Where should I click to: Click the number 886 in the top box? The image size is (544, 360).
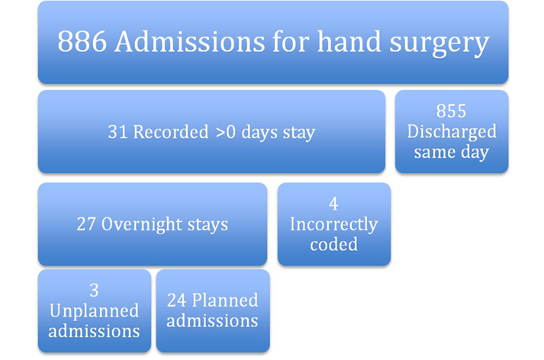82,42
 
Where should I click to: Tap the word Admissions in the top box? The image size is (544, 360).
190,41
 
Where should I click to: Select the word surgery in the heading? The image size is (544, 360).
439,44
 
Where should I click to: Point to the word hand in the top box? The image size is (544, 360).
349,41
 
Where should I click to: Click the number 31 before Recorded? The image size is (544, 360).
117,132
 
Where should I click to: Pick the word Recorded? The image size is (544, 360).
171,132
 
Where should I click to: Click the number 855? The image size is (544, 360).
451,111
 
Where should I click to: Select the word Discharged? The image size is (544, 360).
452,132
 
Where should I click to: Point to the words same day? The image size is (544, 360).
452,153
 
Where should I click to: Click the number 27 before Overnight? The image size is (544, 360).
86,224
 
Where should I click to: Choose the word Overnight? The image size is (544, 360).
142,225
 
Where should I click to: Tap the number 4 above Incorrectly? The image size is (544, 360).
333,204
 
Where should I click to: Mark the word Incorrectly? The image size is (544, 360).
333,225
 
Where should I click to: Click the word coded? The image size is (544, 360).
333,244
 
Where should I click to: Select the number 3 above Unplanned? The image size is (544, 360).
94,291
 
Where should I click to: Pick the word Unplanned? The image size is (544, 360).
94,311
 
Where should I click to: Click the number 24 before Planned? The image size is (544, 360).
177,301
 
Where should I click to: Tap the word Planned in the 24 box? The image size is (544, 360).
225,300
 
